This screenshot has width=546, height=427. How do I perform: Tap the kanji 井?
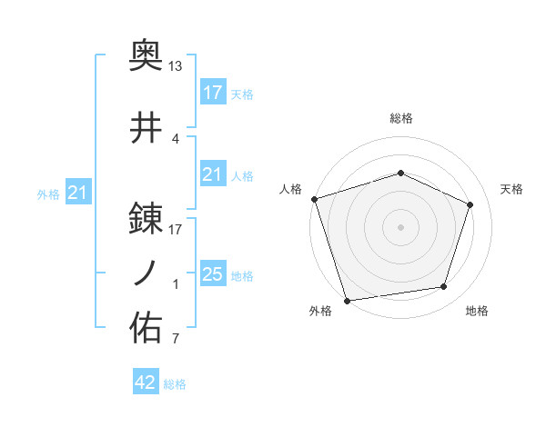click(147, 128)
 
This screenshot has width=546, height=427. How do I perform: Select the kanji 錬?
click(147, 217)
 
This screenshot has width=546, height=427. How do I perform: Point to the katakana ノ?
click(147, 273)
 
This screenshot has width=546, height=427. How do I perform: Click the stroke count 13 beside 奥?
click(176, 66)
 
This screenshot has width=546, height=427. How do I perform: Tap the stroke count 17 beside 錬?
click(176, 230)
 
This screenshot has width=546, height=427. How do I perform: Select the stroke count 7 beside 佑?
click(175, 341)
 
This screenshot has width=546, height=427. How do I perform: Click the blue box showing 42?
click(146, 382)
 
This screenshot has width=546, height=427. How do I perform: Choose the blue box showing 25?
click(212, 274)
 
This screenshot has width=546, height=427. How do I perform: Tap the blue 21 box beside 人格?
click(212, 174)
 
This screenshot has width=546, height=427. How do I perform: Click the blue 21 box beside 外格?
click(78, 193)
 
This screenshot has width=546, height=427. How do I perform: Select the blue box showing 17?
click(212, 92)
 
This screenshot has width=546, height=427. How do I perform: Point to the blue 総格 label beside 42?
click(175, 384)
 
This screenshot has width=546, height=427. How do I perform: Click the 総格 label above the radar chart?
click(400, 118)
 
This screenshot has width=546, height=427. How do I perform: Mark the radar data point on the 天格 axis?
click(470, 204)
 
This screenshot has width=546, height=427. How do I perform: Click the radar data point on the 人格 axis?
click(314, 199)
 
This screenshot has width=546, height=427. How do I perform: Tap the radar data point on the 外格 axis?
click(347, 300)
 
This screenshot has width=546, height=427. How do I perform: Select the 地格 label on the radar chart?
click(477, 312)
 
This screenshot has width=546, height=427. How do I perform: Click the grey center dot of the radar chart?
click(400, 227)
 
